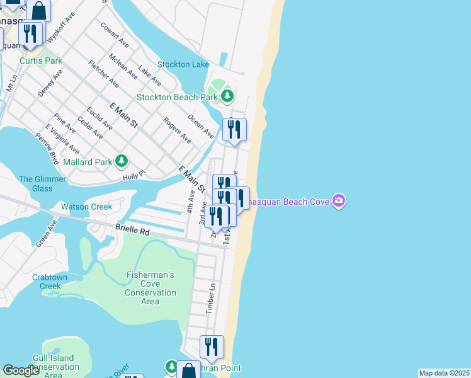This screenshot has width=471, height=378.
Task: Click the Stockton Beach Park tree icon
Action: pos(227,97)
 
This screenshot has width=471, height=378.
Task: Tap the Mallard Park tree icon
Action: pos(122,162)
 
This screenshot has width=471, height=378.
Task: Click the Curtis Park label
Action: pos(41,61)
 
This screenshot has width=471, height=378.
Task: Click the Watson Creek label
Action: pos(86,207)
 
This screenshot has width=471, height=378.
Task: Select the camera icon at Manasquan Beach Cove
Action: pos(339,201)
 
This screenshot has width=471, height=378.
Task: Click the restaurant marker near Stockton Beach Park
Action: pos(234,130)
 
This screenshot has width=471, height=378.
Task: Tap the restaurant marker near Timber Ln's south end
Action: pos(211,346)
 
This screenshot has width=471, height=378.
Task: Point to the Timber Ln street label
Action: pos(212,299)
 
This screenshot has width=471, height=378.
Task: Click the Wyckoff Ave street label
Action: pos(57,28)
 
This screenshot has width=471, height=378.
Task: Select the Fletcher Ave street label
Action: pos(104,74)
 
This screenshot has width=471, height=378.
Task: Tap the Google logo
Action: pos(21,370)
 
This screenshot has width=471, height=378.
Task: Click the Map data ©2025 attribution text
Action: pos(444,373)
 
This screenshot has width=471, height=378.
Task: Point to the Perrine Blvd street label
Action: pos(47,148)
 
